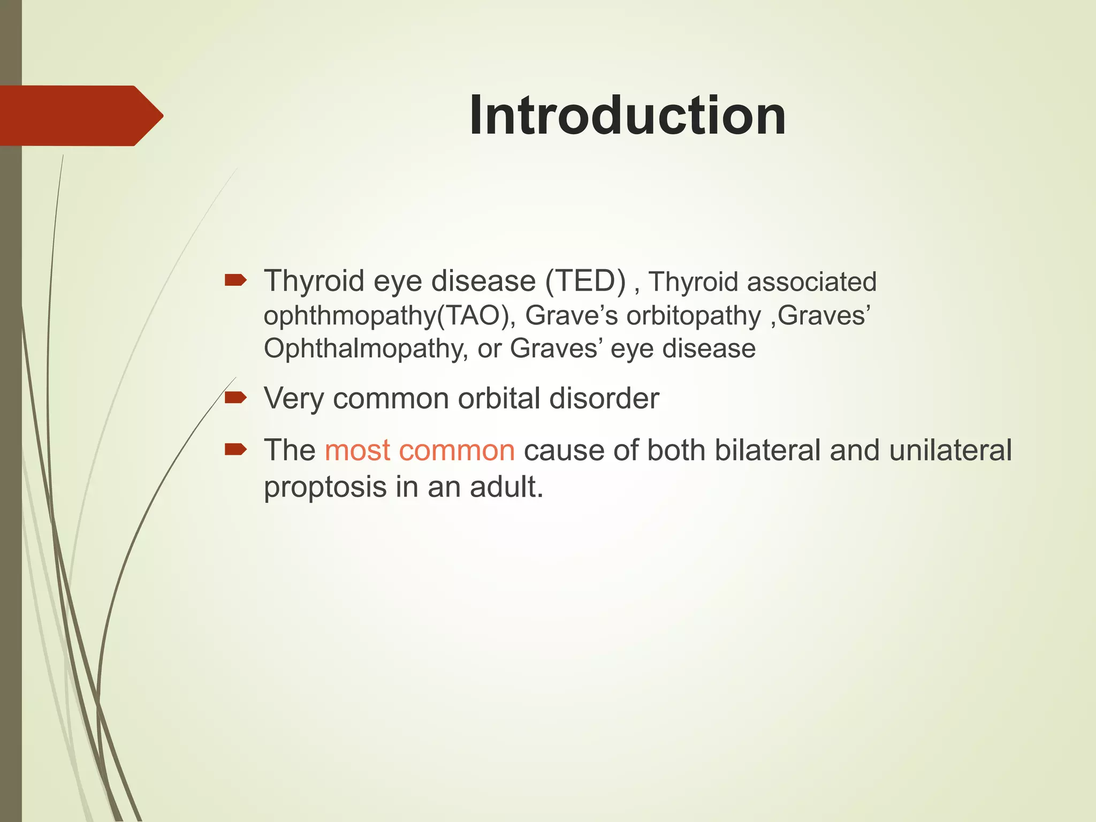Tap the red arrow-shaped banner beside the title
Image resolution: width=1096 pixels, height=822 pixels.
(x=80, y=116)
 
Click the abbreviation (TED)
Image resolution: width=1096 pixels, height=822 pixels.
(x=585, y=281)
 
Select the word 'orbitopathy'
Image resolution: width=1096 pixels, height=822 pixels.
(x=694, y=315)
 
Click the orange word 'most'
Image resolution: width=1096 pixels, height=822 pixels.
(x=357, y=450)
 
